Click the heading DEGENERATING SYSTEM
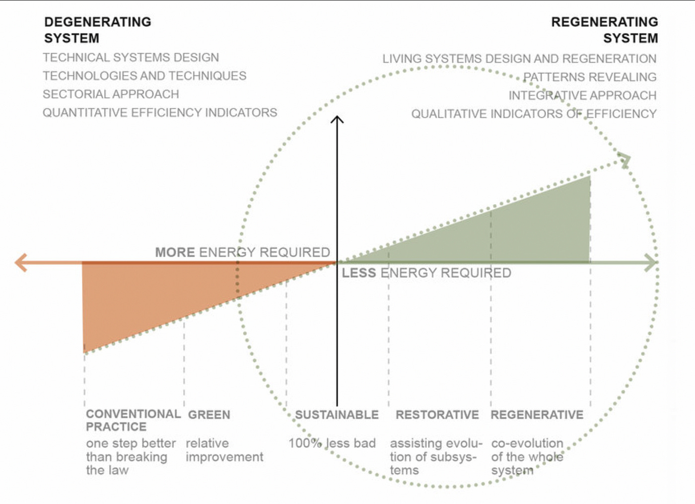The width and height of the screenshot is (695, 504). (x=97, y=30)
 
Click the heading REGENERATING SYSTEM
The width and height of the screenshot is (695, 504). (x=604, y=30)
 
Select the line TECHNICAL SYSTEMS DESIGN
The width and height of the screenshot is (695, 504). (x=131, y=58)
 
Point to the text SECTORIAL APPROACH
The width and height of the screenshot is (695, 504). (x=111, y=94)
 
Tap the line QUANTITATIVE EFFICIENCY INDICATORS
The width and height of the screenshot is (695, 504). (x=160, y=113)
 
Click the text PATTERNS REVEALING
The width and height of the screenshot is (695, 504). (x=590, y=77)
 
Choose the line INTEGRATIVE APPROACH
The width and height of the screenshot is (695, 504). (x=582, y=95)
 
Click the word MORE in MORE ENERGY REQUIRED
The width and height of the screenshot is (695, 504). (x=175, y=252)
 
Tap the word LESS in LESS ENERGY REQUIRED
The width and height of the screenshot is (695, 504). (x=358, y=273)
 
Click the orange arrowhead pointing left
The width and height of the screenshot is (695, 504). (x=21, y=262)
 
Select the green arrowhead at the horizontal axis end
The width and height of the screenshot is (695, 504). (x=651, y=263)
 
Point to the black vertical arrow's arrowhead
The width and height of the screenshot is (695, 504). (x=337, y=120)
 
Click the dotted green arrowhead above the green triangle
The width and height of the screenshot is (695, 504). (x=625, y=160)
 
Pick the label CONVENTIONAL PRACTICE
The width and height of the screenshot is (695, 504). (x=133, y=420)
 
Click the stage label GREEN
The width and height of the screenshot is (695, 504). (x=209, y=415)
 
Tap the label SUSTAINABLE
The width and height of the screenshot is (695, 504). (x=337, y=415)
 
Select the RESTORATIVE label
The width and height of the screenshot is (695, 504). (x=437, y=415)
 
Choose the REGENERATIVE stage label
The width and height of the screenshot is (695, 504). (x=537, y=415)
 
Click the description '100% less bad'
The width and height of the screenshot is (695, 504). (x=332, y=443)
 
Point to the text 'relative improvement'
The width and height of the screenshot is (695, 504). (x=224, y=450)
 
